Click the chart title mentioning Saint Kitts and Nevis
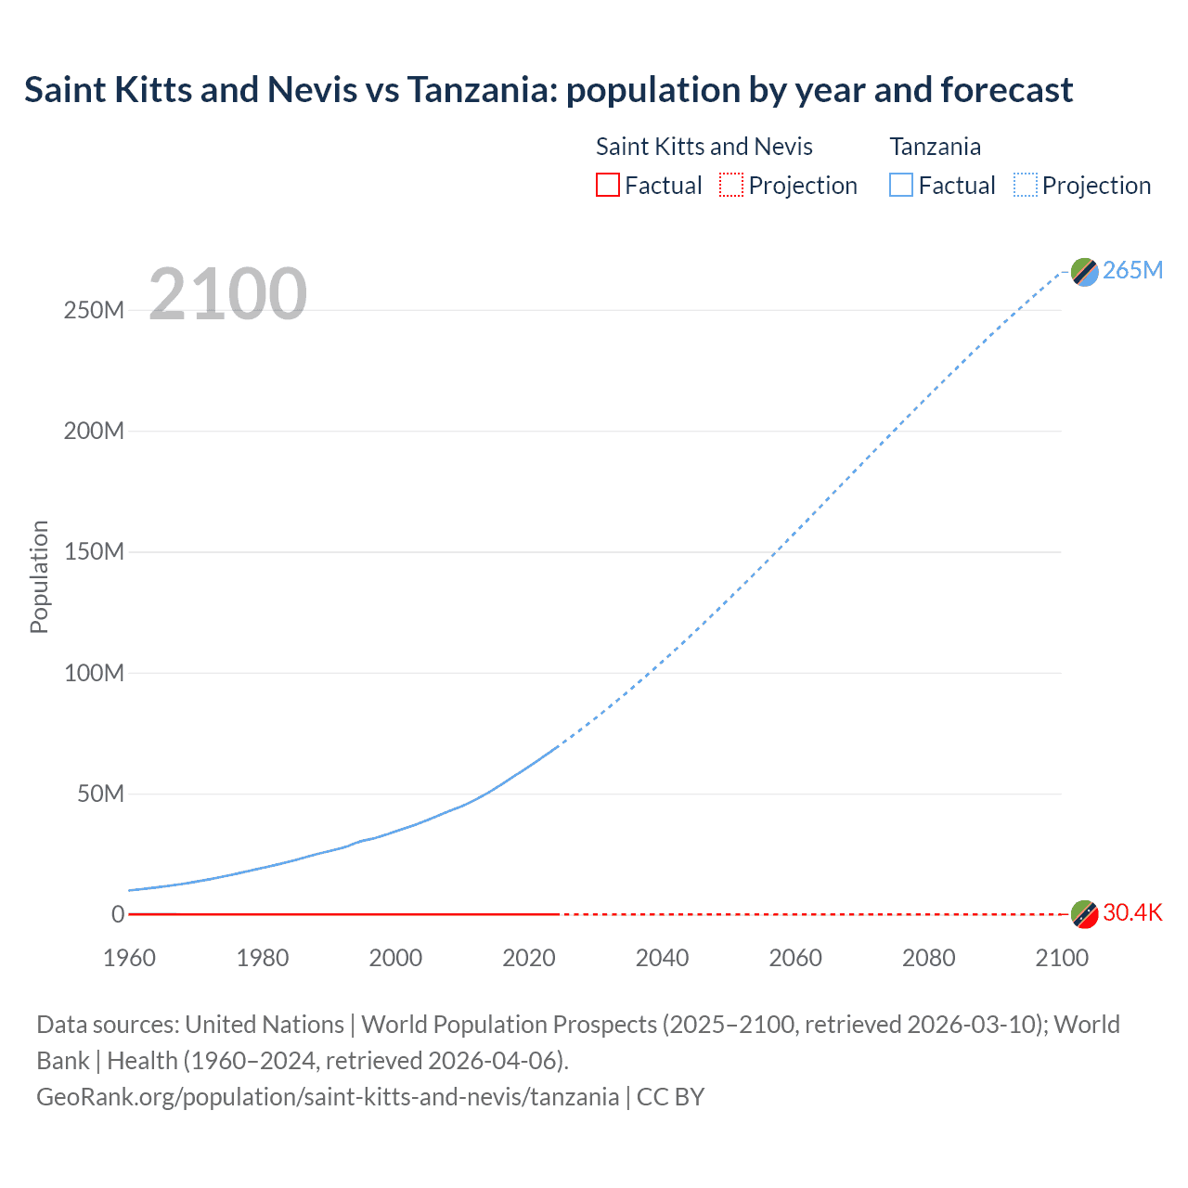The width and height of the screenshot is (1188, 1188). pyautogui.click(x=549, y=90)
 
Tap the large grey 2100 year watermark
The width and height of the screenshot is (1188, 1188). pyautogui.click(x=227, y=294)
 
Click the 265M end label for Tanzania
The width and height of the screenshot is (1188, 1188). pyautogui.click(x=1132, y=270)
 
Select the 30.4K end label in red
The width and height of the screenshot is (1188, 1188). pyautogui.click(x=1132, y=913)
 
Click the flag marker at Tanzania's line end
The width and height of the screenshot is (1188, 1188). pyautogui.click(x=1084, y=272)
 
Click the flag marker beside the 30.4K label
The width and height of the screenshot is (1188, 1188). pyautogui.click(x=1084, y=913)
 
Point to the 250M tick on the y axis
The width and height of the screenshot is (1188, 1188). pyautogui.click(x=94, y=310)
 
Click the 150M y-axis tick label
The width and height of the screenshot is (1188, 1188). pyautogui.click(x=94, y=552)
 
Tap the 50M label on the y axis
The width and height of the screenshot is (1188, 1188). pyautogui.click(x=100, y=794)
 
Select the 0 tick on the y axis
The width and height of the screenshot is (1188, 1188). pyautogui.click(x=118, y=915)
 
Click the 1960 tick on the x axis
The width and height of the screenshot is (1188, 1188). pyautogui.click(x=129, y=958)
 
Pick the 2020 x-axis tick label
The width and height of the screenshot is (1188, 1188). pyautogui.click(x=529, y=958)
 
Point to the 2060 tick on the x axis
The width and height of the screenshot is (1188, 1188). pyautogui.click(x=795, y=958)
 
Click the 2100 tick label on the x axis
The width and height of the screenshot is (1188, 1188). pyautogui.click(x=1062, y=958)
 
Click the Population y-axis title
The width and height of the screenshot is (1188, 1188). pyautogui.click(x=39, y=576)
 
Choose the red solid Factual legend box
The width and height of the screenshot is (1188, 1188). pyautogui.click(x=608, y=186)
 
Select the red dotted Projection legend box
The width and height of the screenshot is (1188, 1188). pyautogui.click(x=731, y=186)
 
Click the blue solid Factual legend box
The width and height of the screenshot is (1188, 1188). pyautogui.click(x=901, y=186)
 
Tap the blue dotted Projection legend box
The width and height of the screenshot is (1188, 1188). pyautogui.click(x=1026, y=186)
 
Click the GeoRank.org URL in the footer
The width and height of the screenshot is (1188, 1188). pyautogui.click(x=328, y=1097)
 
